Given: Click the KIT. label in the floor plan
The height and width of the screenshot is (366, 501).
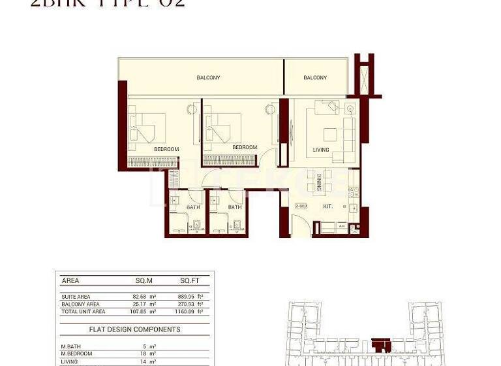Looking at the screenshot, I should pos(327,207).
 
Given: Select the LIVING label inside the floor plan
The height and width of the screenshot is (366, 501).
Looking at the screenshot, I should pos(321,150).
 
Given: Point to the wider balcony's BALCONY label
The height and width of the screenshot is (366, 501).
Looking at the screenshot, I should pos(208,78).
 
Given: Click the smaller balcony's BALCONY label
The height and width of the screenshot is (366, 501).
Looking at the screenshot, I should pos(315,78).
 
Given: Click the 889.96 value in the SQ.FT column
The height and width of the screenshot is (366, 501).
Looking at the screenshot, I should pos(186,296).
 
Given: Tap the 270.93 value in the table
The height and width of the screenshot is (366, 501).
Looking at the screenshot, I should pos(186,304).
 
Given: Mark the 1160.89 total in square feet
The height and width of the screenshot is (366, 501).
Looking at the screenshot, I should pos(185,312).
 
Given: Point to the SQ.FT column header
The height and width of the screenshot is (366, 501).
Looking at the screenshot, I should pos(189,280).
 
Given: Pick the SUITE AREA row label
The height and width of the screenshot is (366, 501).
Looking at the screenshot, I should pos(76,296).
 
